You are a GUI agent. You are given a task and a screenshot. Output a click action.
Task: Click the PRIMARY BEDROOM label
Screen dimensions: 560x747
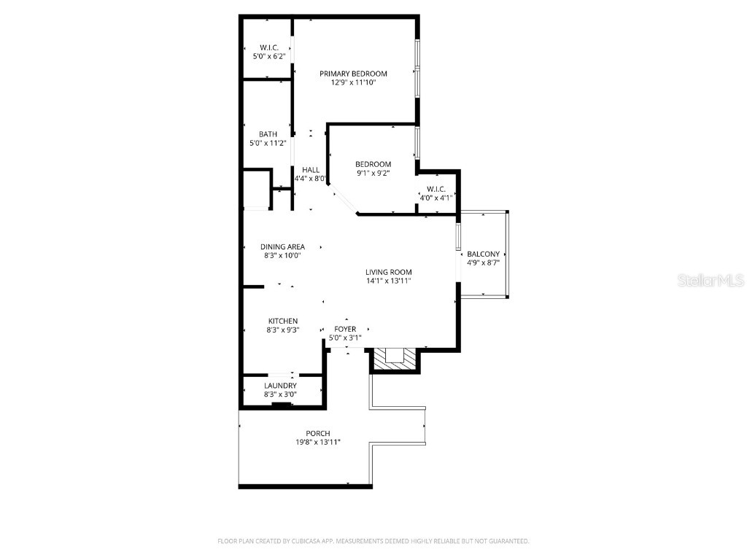click(x=353, y=74)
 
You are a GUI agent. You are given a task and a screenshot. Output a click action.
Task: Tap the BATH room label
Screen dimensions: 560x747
click(x=268, y=134)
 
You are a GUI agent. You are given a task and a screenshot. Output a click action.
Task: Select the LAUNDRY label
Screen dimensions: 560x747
click(x=280, y=386)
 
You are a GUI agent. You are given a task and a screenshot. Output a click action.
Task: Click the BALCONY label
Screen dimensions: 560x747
click(x=483, y=254)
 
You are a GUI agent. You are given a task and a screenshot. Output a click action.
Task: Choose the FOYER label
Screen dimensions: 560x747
click(x=345, y=330)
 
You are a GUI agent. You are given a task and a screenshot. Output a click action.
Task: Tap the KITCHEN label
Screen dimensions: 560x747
click(x=283, y=321)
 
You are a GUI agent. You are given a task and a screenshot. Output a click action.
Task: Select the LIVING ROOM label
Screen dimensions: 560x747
click(x=389, y=272)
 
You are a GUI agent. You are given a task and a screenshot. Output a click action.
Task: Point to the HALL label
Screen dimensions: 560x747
click(x=311, y=170)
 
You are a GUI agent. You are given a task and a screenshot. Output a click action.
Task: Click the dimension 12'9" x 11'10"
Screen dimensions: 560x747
click(x=353, y=83)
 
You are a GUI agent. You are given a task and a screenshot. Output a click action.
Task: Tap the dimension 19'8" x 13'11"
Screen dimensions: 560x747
click(x=318, y=443)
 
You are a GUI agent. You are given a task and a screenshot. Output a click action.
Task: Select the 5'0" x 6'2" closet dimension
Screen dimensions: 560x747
click(x=269, y=56)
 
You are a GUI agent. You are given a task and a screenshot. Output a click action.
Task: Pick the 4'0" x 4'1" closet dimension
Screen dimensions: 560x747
click(x=436, y=198)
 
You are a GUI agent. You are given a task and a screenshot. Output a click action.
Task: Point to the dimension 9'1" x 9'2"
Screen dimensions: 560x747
click(x=373, y=174)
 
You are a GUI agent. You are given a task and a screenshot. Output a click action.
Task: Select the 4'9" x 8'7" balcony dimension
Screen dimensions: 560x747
click(x=483, y=263)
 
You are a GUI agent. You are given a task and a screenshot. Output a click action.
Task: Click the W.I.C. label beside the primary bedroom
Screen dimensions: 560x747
click(x=269, y=47)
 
